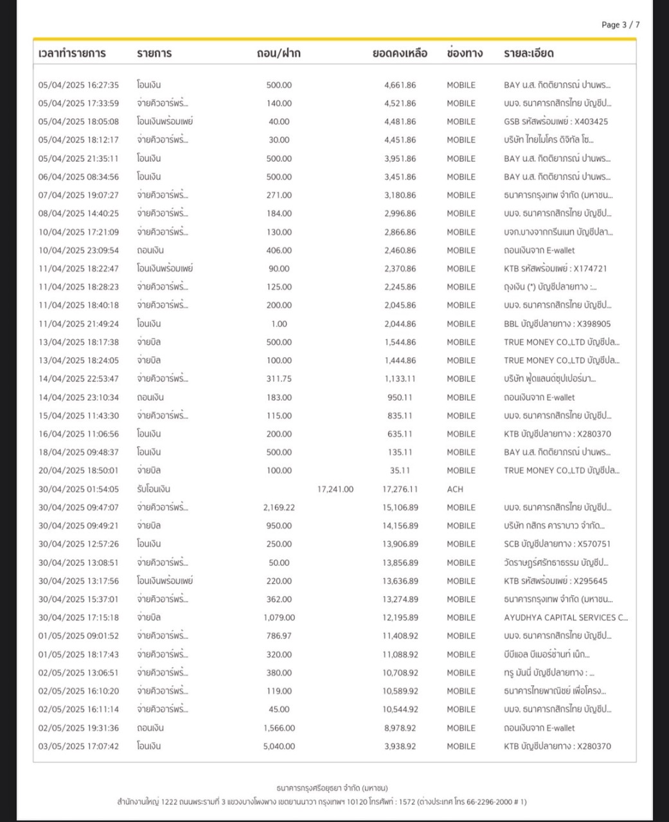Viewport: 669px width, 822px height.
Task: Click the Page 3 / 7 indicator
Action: coord(620,25)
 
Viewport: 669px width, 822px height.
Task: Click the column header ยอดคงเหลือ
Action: coord(400,53)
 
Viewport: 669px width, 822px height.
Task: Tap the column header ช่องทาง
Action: coord(464,53)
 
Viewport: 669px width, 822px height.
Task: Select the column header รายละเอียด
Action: coord(528,53)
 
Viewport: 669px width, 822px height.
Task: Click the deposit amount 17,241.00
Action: coord(335,489)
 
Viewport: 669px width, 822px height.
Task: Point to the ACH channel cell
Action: coord(455,489)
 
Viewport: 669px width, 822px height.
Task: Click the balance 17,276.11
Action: coord(400,489)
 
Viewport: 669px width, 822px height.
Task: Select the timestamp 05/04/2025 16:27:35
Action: coord(78,85)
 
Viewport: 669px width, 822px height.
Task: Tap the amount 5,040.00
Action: coord(279,746)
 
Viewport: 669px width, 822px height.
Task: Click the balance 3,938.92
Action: coord(400,746)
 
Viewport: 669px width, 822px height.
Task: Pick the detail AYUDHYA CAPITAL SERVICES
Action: coord(566,618)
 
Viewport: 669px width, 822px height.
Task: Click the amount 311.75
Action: coord(279,379)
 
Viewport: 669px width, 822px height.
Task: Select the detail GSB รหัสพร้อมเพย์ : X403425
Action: coord(556,121)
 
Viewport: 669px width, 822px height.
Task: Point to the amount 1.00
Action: coord(279,324)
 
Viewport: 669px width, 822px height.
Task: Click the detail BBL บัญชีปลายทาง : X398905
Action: coord(557,324)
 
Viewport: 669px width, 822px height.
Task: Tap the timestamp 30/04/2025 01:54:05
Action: coord(78,489)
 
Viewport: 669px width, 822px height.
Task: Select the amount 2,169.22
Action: coord(279,507)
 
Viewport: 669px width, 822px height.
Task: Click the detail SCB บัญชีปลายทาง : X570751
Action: coord(557,544)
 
